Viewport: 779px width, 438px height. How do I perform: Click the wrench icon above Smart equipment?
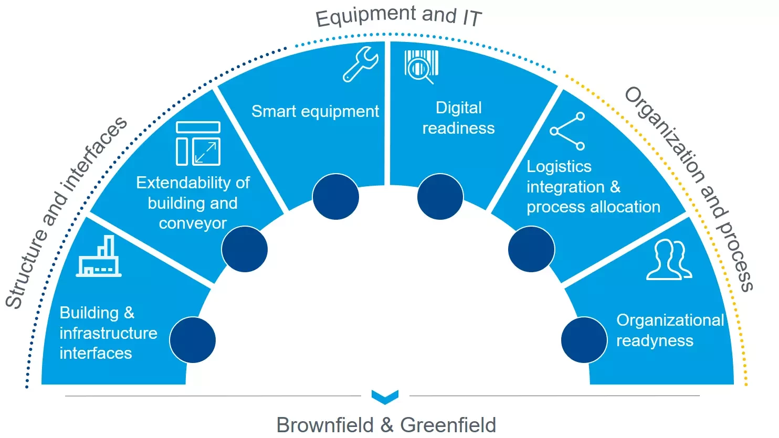coord(360,65)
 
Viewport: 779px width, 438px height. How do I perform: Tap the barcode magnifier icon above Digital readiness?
coord(421,67)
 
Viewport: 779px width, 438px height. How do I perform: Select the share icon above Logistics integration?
coord(567,131)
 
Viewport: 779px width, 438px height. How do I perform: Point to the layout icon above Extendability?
coord(198,143)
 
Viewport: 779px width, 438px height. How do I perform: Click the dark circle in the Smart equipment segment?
coord(335,197)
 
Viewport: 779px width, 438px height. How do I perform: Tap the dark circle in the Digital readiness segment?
coord(440,197)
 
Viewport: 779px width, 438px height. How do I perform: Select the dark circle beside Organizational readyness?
coord(584,340)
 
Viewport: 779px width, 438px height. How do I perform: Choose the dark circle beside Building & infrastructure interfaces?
coord(193,340)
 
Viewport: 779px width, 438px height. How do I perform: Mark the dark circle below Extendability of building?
coord(245,249)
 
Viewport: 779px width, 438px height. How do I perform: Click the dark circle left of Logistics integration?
coord(531,249)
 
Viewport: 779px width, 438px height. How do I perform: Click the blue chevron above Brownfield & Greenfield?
coord(385,397)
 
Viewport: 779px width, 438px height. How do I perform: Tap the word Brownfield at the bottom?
coord(325,425)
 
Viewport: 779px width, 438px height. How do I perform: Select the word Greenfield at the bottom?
coord(448,425)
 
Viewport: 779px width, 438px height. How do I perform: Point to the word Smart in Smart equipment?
coord(273,112)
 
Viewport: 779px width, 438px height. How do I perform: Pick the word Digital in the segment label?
coord(459,108)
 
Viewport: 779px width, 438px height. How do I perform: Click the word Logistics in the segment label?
coord(559,167)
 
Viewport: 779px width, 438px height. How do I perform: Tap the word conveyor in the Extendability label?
coord(193,223)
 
